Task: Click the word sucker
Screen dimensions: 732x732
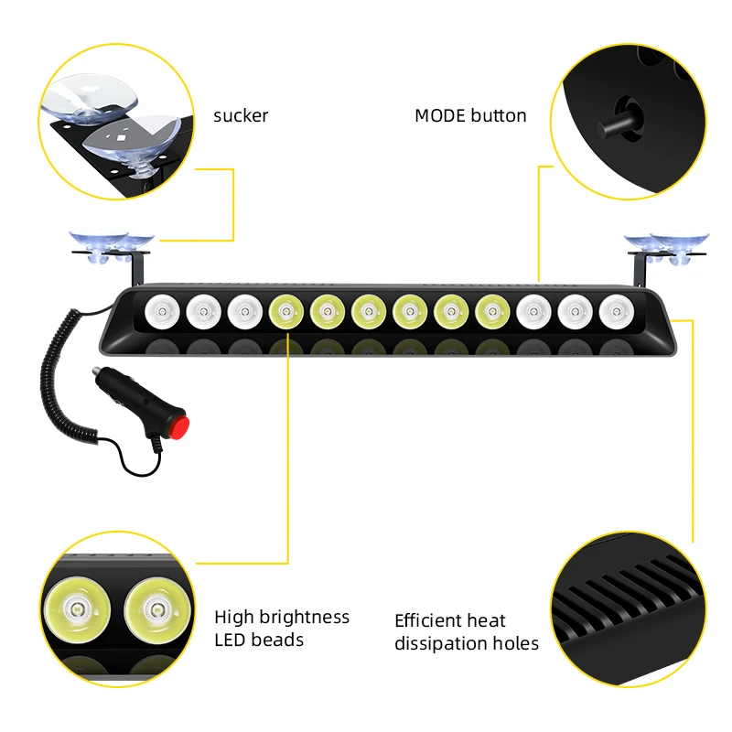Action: point(241,115)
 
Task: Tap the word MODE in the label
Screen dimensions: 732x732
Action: point(440,115)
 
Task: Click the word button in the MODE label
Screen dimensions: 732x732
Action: point(499,115)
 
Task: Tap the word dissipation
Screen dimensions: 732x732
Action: point(436,643)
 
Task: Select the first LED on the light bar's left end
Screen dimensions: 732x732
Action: point(158,312)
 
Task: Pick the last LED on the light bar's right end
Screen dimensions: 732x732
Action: point(615,312)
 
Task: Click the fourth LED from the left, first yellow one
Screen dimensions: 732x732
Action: point(285,312)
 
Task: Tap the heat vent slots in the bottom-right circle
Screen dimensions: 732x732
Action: point(631,599)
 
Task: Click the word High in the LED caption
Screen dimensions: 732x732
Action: point(232,617)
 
